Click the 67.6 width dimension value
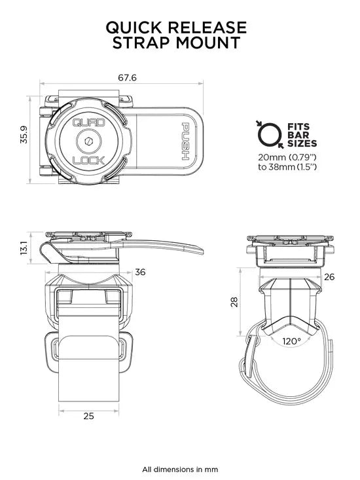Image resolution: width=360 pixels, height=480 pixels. click(127, 77)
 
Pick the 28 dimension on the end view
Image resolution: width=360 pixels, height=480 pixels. click(234, 301)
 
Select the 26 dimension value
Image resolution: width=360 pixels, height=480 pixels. click(329, 277)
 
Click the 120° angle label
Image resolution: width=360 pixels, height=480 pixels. click(291, 341)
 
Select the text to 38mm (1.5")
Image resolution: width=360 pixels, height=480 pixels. click(288, 167)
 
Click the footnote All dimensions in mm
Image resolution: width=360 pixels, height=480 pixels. click(180, 469)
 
